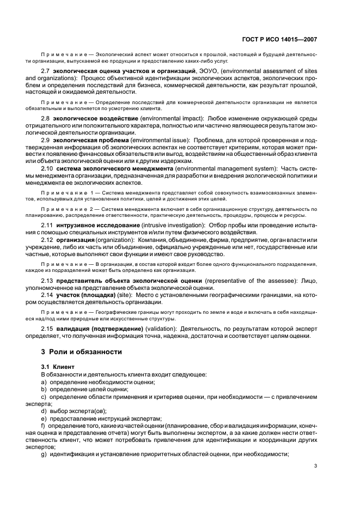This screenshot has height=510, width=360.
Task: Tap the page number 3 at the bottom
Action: click(x=316, y=466)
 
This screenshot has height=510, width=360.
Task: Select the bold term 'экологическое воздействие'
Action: click(x=96, y=118)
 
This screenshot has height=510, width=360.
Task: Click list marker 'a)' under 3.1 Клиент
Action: click(x=44, y=382)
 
